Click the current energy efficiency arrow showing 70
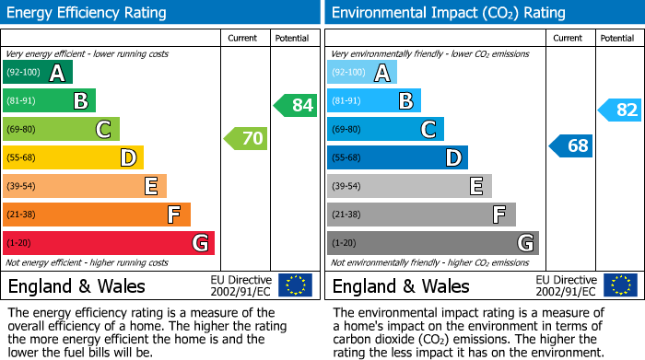(x=246, y=139)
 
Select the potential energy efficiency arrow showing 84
(x=296, y=105)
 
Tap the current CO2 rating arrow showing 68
(x=571, y=145)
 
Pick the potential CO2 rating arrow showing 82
(x=620, y=110)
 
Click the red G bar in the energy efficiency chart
(x=108, y=243)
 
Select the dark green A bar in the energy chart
(x=37, y=73)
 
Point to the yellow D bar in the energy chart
(x=73, y=158)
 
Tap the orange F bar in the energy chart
(x=96, y=215)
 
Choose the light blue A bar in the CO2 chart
(x=361, y=73)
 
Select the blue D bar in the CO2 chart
(x=396, y=158)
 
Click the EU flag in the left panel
(x=295, y=285)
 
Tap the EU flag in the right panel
(x=620, y=285)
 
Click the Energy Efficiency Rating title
(x=88, y=13)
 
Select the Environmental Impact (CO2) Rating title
(x=448, y=13)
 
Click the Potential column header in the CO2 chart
(x=617, y=38)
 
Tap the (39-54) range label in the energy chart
(x=22, y=187)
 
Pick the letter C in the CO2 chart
(x=428, y=130)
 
